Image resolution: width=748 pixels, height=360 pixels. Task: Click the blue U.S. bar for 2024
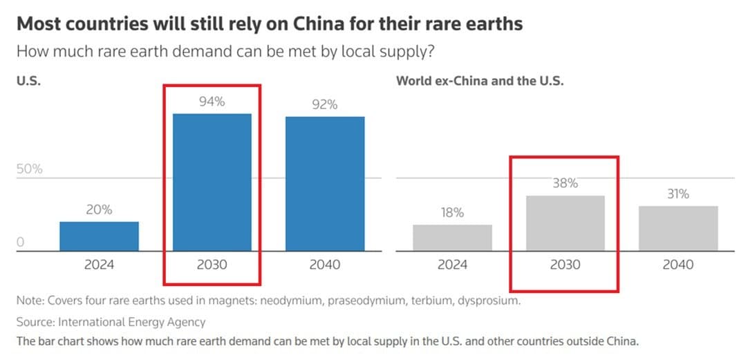coord(99,236)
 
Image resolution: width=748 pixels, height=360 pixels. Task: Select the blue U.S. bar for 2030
coord(212,182)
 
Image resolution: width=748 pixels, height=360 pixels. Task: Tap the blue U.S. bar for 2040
coord(324,184)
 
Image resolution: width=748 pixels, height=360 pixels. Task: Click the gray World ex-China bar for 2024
coord(452,238)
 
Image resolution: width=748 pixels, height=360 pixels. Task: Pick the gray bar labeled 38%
coord(565,223)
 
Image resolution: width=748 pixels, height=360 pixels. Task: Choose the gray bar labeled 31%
coord(677,228)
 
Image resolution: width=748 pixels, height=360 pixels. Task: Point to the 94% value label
coord(212,102)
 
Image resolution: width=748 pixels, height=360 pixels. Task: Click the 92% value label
coord(324,105)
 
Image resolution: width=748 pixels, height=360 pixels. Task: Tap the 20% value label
coord(99,210)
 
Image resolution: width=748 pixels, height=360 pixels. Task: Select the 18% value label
coord(452,213)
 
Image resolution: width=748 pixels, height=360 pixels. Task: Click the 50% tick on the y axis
coord(30,169)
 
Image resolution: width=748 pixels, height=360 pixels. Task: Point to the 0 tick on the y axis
coord(21,243)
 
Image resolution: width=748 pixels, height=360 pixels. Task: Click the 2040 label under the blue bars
coord(324,265)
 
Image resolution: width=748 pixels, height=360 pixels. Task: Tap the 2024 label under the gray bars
coord(452,265)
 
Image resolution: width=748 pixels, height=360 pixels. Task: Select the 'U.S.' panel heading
coord(28,80)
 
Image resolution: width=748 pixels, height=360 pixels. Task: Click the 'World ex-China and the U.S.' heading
coord(480,80)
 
